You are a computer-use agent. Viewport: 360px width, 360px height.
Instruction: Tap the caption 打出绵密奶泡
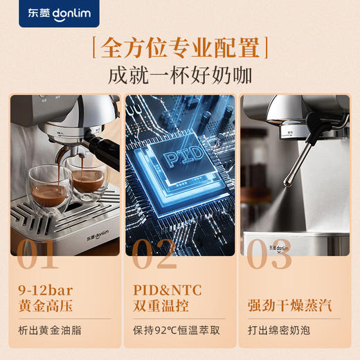(x=280, y=330)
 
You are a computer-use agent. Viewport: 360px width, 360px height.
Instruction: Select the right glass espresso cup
(x=89, y=177)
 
